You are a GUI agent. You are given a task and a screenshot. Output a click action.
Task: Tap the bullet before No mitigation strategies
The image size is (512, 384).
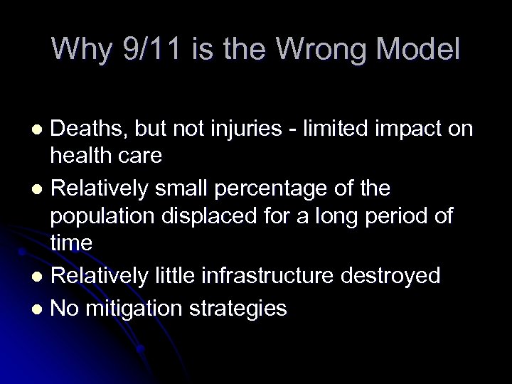pyautogui.click(x=42, y=309)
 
